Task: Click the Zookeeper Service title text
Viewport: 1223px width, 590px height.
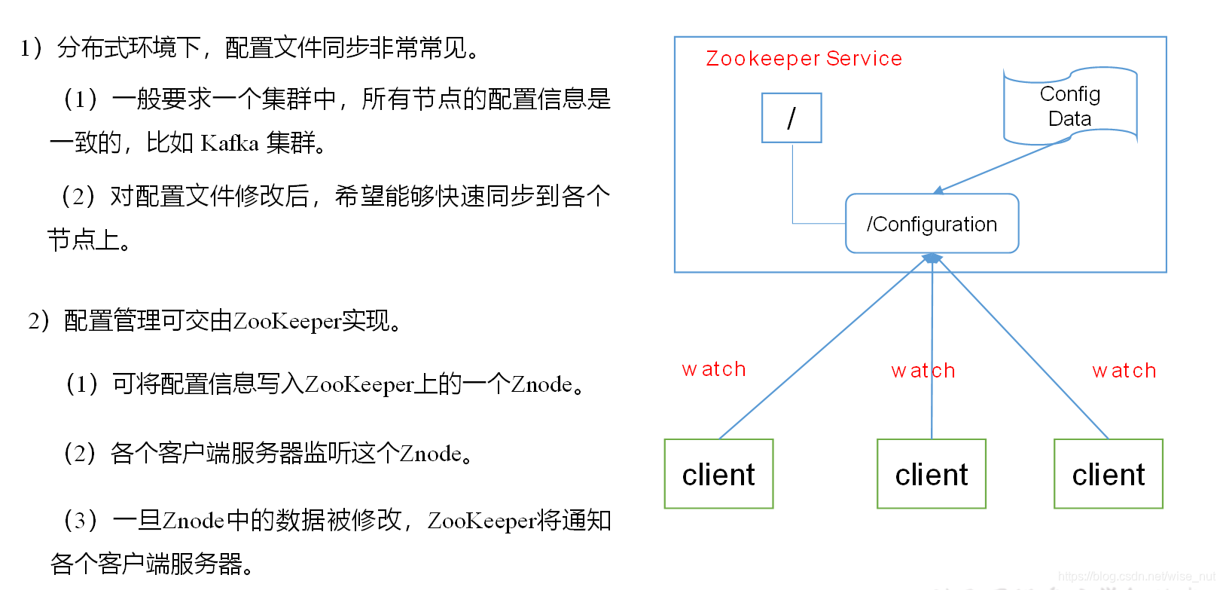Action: tap(804, 59)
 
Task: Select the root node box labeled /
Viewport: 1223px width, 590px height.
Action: tap(791, 118)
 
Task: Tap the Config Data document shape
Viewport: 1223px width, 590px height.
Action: tap(1069, 106)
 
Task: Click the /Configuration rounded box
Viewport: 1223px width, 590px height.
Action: tap(932, 224)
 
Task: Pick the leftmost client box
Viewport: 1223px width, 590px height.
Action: tap(718, 474)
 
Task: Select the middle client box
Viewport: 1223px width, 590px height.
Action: tap(932, 474)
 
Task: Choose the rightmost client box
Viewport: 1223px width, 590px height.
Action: tap(1108, 474)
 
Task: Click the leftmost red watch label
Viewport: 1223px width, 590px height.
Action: tap(714, 369)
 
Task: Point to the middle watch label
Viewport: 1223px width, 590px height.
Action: tap(923, 371)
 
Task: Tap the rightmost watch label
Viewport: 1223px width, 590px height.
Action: tap(1124, 371)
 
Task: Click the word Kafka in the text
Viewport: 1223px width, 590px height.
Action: tap(230, 143)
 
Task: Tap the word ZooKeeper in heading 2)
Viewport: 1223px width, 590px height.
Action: tap(287, 322)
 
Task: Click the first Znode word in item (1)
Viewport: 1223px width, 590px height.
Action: tap(541, 385)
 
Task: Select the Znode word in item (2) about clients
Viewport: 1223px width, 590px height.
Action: tap(430, 454)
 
